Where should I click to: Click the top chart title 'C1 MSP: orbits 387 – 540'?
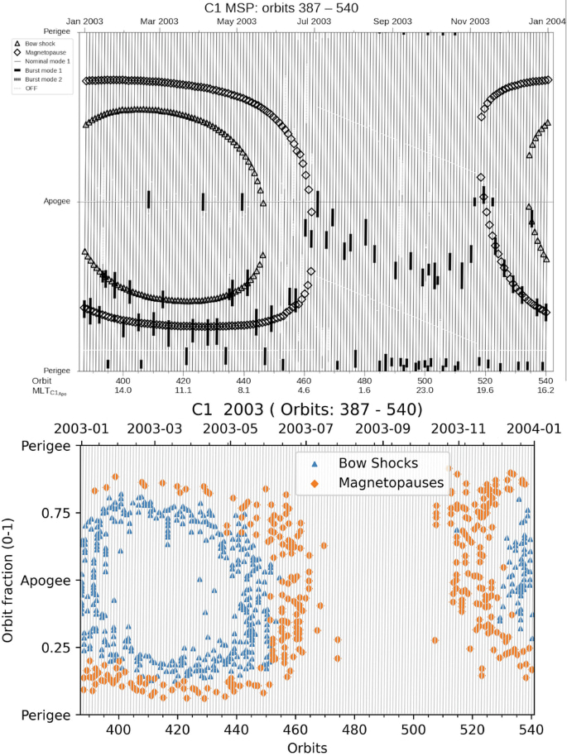(282, 7)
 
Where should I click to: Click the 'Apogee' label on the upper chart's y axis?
(57, 201)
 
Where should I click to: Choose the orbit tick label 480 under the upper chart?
(365, 379)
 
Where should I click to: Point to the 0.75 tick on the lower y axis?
(57, 513)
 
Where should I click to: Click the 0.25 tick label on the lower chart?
(57, 646)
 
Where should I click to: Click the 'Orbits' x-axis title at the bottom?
(307, 747)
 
